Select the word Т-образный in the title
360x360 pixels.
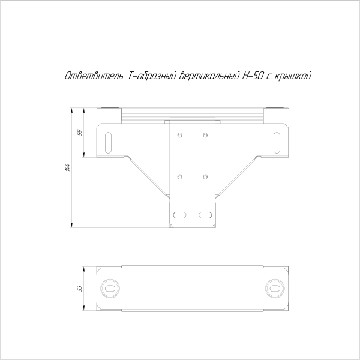coord(152,76)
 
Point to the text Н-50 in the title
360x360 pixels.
coord(252,76)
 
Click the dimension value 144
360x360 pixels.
coord(68,168)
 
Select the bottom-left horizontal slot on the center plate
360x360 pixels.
coord(179,214)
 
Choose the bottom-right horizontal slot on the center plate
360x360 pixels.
coord(206,214)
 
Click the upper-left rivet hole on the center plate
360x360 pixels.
coord(179,135)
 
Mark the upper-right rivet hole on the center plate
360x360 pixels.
coord(206,135)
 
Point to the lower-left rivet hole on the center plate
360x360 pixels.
coord(179,176)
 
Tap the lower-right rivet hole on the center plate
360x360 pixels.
coord(206,176)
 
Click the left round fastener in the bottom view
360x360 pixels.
coord(109,289)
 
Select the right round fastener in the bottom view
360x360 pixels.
coord(275,289)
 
